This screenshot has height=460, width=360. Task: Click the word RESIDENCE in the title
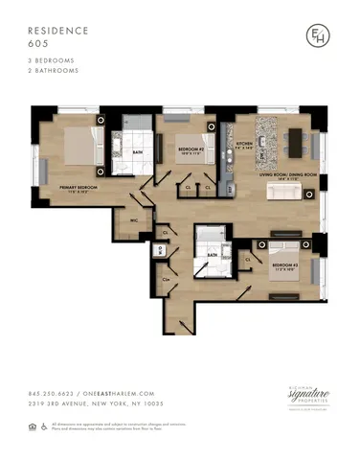[56, 31]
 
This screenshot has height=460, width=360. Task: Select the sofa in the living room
[285, 193]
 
